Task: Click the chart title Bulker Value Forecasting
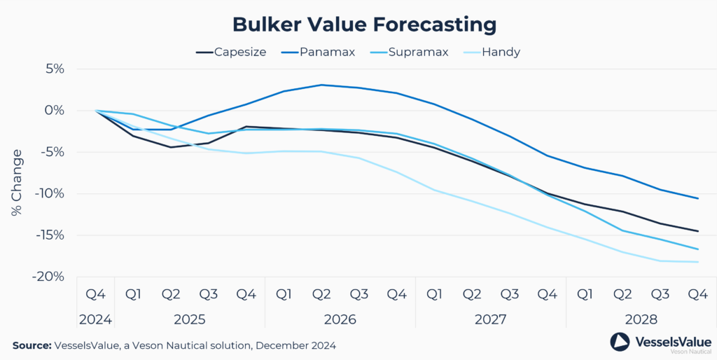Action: click(x=364, y=25)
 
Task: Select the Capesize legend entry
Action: click(x=230, y=52)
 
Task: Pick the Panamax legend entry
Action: click(x=323, y=52)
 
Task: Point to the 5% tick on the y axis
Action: click(x=53, y=69)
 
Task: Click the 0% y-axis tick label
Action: click(x=53, y=111)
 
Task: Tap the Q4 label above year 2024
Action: click(x=95, y=294)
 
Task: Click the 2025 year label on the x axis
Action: click(x=189, y=319)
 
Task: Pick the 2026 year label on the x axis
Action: click(x=340, y=319)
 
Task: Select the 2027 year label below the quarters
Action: click(x=491, y=319)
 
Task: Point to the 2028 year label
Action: click(x=641, y=319)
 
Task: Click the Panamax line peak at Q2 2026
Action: click(x=321, y=85)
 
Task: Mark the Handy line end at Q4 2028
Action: click(x=698, y=262)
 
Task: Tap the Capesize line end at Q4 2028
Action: click(x=698, y=231)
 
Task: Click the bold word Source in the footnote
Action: click(x=32, y=345)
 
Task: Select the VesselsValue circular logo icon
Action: click(x=620, y=341)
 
